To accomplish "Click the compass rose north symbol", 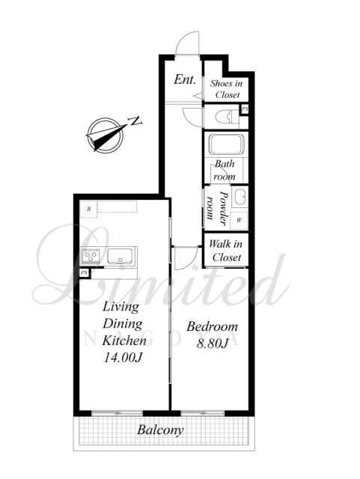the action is point(105,135).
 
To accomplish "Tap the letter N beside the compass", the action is point(135,120).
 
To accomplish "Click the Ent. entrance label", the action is point(185,79).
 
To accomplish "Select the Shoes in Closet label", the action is point(227,89).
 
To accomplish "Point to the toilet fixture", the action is point(227,117).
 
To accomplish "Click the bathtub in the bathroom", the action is point(227,144).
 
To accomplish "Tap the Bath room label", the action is point(225,170).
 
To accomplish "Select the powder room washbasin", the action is point(240,197).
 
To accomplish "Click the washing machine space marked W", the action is point(239,220).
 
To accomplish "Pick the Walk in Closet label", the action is point(226,251).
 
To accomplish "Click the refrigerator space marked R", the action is point(88,210).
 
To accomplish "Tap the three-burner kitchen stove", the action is point(91,256).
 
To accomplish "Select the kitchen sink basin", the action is point(120,256).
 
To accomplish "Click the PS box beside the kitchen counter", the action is point(85,273).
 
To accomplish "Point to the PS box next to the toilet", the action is point(245,109).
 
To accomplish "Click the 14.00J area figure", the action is point(123,357).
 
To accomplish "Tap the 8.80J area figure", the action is point(212,344).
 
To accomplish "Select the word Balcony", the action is point(160,430).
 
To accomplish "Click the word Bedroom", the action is point(212,326).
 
